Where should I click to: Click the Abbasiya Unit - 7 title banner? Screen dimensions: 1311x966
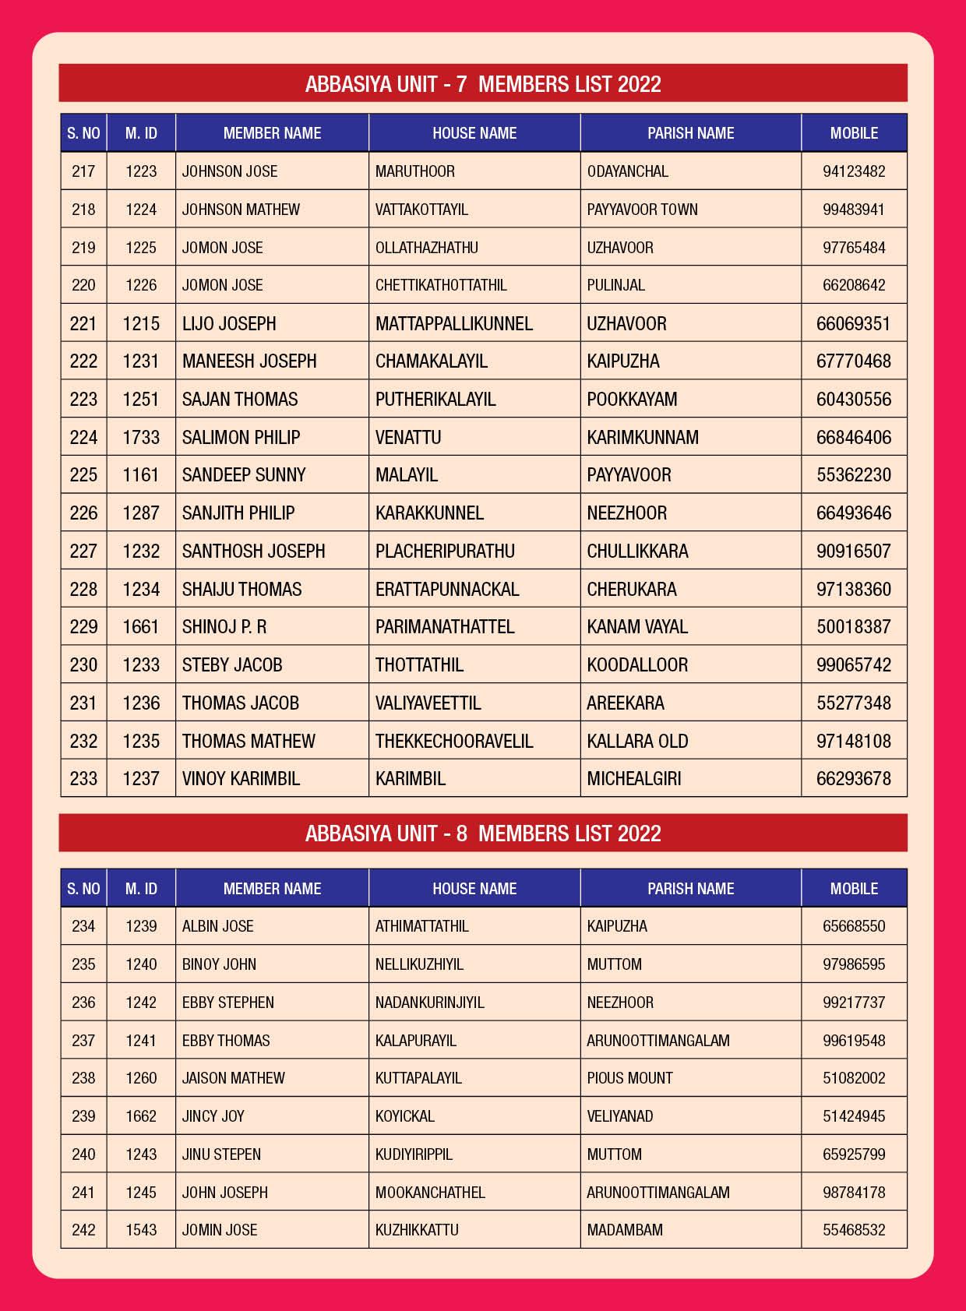[483, 84]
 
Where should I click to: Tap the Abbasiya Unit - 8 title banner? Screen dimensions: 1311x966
[483, 833]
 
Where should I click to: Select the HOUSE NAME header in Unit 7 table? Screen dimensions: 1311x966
[474, 133]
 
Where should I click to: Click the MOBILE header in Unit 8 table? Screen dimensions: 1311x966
[854, 889]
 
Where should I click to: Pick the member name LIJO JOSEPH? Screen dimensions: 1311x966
[229, 323]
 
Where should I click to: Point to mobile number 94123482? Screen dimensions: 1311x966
[854, 171]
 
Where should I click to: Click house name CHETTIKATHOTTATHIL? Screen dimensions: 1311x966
[441, 285]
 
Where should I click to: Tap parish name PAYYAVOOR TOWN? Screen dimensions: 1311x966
[642, 210]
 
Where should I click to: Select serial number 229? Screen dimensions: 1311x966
[83, 627]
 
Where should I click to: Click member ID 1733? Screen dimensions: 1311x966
[141, 437]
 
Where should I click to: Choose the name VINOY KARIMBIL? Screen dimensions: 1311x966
[241, 778]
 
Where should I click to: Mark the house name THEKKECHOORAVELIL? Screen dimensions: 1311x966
[454, 741]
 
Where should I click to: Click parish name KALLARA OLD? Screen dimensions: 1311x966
[637, 741]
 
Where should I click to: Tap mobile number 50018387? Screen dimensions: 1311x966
[854, 627]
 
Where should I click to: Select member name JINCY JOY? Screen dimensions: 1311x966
[213, 1116]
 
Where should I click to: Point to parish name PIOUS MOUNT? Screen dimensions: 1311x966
[629, 1078]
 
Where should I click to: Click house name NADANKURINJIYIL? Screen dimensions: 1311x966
[429, 1003]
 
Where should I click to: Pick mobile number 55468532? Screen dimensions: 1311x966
[854, 1230]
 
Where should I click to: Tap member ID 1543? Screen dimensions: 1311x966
[141, 1230]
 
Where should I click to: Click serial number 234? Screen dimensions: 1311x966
[83, 926]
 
